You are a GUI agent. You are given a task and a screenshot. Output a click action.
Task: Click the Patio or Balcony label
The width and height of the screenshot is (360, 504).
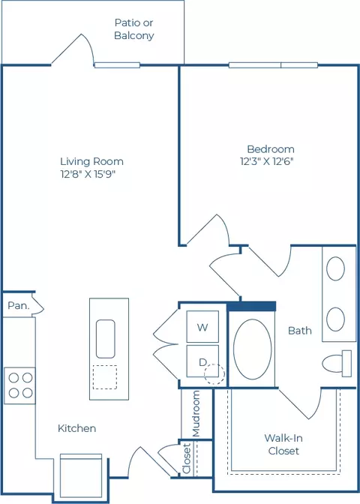134,29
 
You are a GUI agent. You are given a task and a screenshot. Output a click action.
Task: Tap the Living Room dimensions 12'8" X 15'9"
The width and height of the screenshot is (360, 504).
88,174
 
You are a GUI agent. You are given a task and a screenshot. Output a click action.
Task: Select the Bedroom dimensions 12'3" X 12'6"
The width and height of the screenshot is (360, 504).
267,161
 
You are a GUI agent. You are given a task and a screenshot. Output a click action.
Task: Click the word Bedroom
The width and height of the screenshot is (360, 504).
271,149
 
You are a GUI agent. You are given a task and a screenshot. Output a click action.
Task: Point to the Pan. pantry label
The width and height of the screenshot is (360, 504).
18,305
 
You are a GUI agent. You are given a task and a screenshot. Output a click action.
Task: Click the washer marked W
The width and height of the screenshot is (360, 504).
202,326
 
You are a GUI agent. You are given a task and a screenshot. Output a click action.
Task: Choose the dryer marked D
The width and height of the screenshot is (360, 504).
202,361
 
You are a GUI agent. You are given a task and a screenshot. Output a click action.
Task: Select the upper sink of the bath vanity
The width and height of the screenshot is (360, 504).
335,268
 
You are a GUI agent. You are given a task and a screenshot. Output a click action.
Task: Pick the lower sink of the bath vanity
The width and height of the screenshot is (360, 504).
335,319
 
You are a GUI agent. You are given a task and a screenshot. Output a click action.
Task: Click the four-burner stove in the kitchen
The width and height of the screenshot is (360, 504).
19,385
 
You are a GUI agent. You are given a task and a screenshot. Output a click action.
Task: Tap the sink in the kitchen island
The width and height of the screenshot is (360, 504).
106,339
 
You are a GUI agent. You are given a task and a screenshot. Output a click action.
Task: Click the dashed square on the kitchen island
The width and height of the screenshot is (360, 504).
105,377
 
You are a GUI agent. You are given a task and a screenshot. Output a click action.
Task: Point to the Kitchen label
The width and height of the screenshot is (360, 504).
76,428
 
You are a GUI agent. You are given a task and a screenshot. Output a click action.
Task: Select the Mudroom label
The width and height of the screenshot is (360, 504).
196,414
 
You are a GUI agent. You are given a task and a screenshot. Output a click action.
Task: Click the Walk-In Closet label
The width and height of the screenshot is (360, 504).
283,444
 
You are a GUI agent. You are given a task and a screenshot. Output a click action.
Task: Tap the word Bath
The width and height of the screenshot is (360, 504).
300,331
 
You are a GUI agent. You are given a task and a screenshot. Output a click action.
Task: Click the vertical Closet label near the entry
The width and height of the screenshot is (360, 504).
187,458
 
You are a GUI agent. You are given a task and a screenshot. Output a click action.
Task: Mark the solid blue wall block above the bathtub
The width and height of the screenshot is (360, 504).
252,306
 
